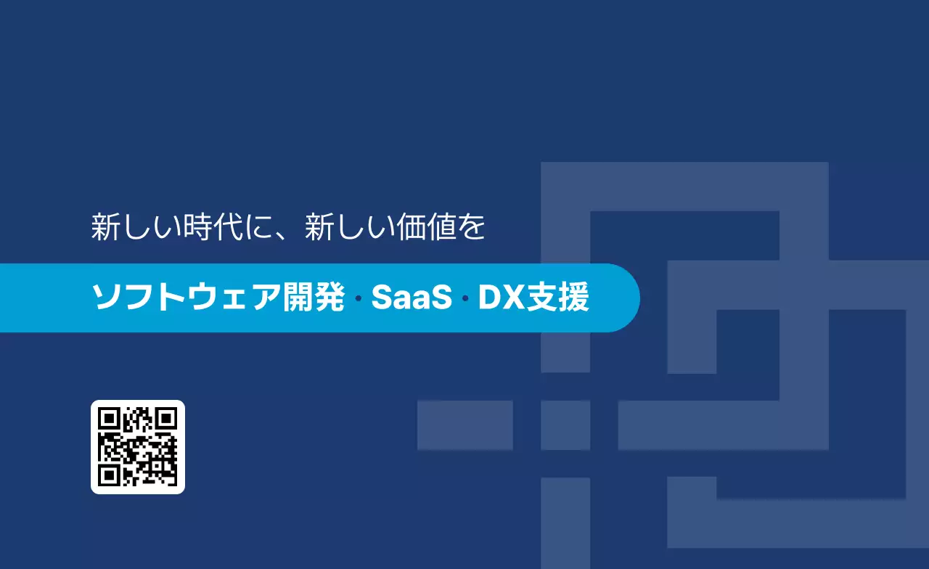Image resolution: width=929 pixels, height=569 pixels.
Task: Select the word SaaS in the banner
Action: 411,298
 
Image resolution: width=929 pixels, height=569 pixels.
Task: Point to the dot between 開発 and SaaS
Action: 357,298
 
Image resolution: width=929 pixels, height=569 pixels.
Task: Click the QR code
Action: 138,447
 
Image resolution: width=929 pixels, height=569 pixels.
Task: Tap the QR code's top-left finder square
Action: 108,418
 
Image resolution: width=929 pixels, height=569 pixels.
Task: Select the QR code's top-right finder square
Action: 167,418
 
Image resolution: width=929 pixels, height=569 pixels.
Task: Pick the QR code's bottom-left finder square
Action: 108,476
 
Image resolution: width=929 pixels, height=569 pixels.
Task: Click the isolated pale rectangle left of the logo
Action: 464,425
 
